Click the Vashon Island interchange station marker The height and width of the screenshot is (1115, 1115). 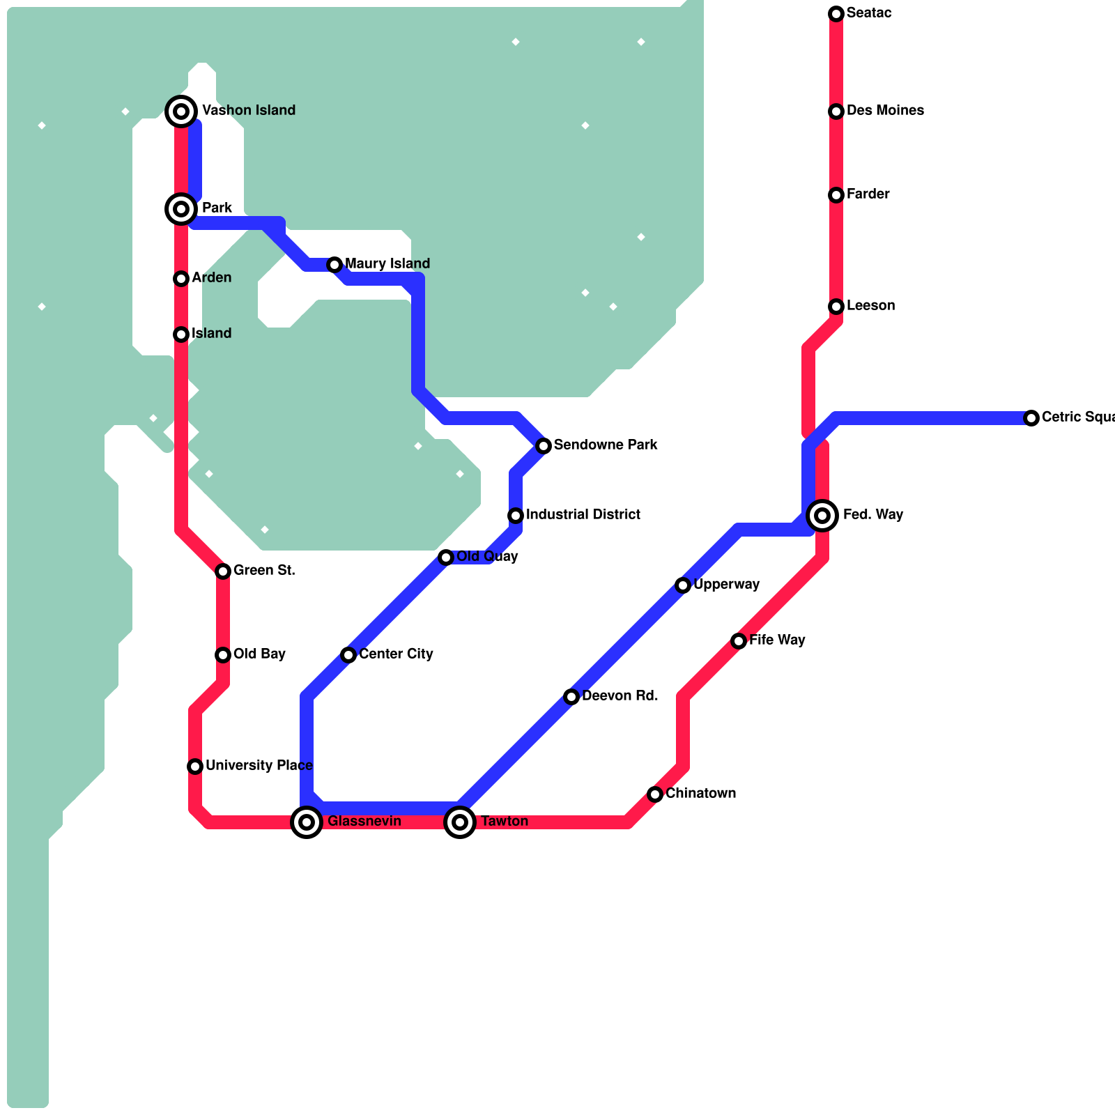click(181, 111)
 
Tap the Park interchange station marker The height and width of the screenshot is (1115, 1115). click(181, 209)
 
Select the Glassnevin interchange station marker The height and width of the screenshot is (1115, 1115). click(307, 822)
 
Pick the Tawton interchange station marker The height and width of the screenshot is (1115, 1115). click(460, 822)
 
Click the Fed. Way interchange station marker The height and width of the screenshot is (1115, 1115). click(822, 516)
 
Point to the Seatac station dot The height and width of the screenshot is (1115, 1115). click(836, 14)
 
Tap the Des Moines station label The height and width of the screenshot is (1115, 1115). click(885, 111)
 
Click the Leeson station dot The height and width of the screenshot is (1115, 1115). click(836, 307)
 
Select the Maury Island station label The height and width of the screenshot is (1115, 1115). click(387, 264)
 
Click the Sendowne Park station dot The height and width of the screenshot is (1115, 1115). click(544, 446)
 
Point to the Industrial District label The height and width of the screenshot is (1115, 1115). click(583, 515)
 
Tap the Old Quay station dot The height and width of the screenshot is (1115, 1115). click(446, 557)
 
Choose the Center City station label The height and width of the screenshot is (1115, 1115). click(396, 654)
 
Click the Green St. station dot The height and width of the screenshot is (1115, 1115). click(223, 571)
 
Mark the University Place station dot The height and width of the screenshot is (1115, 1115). click(195, 767)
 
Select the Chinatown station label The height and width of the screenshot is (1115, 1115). click(700, 794)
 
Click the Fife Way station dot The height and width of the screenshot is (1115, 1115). click(739, 641)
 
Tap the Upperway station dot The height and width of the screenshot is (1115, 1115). click(683, 585)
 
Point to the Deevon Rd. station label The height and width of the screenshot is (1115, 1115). click(620, 696)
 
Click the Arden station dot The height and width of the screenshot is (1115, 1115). click(181, 279)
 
